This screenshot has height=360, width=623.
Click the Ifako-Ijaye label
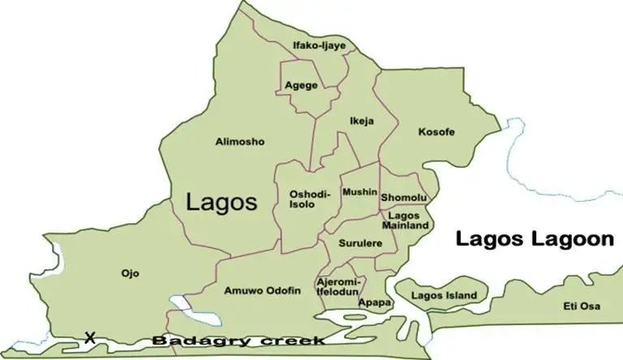(319, 45)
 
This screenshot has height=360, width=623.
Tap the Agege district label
(301, 85)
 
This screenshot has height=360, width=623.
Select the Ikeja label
(362, 122)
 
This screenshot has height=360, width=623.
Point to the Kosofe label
(436, 131)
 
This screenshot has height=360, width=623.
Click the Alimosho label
(240, 142)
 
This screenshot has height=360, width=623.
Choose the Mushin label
(359, 192)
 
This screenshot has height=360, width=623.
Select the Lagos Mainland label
(409, 221)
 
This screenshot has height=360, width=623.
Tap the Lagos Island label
(444, 295)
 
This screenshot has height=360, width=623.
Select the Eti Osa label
(582, 306)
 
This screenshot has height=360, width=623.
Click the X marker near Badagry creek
(90, 336)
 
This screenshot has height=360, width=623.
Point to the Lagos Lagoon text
(533, 239)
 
